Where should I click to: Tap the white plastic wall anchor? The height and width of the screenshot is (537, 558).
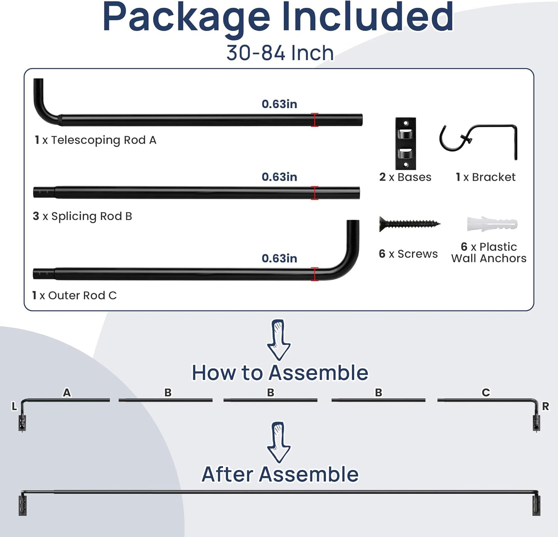click(492, 224)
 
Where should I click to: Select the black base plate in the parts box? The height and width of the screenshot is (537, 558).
click(405, 143)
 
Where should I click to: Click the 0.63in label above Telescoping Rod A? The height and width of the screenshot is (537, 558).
click(279, 104)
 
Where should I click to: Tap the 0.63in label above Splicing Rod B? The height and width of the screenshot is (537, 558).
click(279, 177)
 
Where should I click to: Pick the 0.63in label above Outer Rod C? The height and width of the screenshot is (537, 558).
click(279, 258)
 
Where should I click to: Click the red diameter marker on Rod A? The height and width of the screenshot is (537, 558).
click(315, 120)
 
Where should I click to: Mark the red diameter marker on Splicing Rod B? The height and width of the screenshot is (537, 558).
click(315, 193)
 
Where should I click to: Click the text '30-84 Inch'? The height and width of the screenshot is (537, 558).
click(280, 53)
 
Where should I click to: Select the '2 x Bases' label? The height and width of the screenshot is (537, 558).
click(405, 177)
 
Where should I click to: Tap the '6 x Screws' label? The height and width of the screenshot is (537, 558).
click(408, 253)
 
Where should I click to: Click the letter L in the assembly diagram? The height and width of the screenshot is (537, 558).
click(14, 406)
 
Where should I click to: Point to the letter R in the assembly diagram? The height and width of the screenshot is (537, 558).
click(545, 406)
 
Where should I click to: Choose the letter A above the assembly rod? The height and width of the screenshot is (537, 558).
click(67, 393)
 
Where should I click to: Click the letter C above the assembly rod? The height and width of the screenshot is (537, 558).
click(486, 393)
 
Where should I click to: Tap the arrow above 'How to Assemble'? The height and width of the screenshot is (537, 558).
click(279, 340)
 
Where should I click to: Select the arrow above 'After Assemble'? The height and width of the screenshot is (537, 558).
click(279, 442)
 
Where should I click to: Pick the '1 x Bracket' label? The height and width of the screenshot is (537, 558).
click(485, 177)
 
